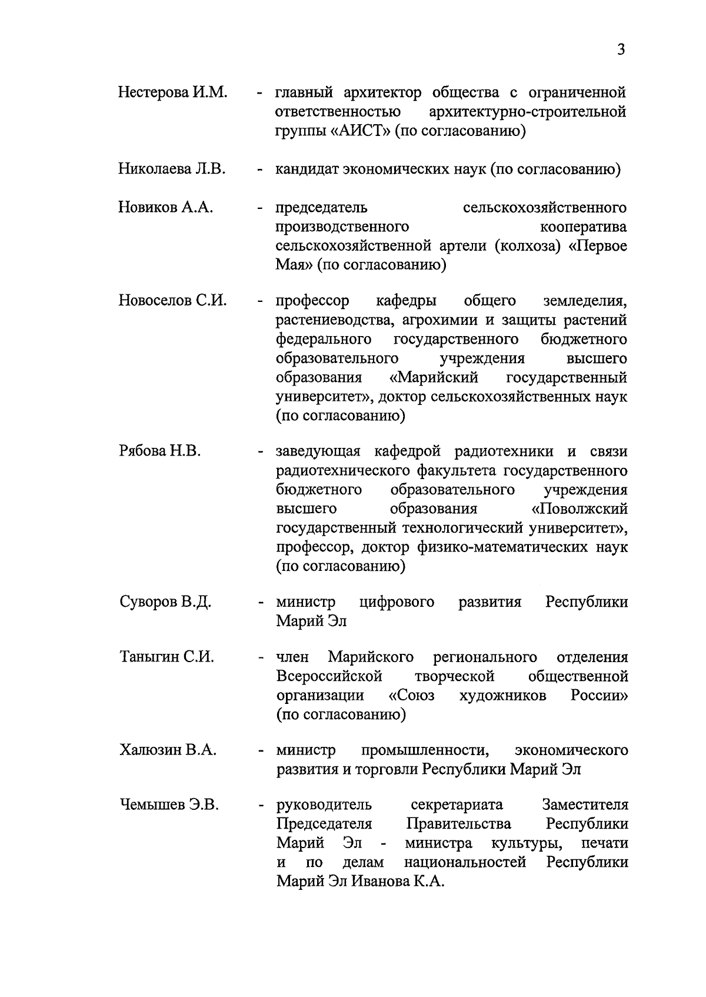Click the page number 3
(x=621, y=49)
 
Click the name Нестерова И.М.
(x=172, y=92)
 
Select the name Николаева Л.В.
(x=171, y=170)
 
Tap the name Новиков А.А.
(x=165, y=208)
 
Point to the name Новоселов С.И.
(x=172, y=301)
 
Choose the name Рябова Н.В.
(x=159, y=451)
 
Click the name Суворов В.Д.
(x=165, y=602)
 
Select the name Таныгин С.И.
(x=166, y=657)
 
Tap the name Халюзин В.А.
(x=168, y=750)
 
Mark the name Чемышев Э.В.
(x=169, y=805)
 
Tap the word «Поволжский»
(x=579, y=509)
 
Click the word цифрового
(x=397, y=602)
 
